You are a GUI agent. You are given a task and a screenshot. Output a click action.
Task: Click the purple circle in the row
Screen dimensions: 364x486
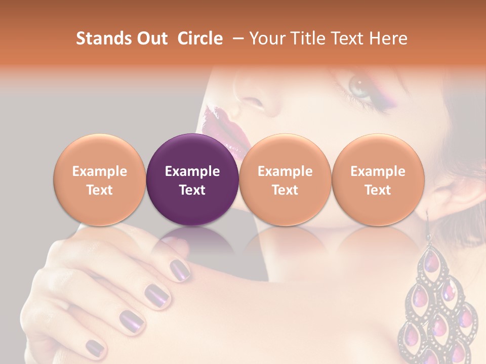point(192,180)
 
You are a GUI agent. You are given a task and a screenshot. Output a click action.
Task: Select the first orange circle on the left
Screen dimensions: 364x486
point(100,180)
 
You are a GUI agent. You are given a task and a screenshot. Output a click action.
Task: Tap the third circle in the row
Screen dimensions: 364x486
point(285,180)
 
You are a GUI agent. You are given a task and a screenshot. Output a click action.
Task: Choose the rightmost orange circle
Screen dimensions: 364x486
point(378,180)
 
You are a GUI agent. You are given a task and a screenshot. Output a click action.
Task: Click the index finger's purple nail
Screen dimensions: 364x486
point(179,268)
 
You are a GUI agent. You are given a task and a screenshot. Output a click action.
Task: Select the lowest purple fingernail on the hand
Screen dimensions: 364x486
point(94,347)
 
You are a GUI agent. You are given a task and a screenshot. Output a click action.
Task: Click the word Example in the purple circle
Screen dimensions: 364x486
point(192,171)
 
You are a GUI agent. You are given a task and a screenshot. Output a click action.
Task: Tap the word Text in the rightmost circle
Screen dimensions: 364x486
point(378,190)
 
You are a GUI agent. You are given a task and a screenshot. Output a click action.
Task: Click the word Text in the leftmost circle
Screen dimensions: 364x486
point(100,190)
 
